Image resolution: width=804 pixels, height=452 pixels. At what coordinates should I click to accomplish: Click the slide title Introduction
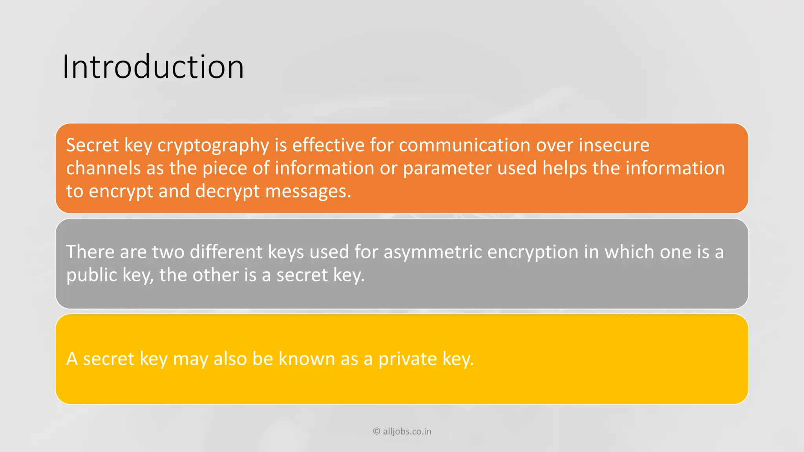(x=153, y=67)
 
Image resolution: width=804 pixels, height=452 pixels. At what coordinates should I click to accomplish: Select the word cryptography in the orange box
(x=213, y=146)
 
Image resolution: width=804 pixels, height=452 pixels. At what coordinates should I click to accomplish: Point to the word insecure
(x=614, y=145)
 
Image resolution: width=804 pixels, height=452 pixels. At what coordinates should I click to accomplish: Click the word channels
(x=103, y=168)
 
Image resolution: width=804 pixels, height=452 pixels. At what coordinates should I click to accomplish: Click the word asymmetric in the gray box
(x=433, y=252)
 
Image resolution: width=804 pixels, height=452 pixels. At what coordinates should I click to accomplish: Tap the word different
(x=226, y=252)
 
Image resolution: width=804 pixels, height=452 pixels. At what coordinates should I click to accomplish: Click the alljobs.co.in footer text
(x=407, y=432)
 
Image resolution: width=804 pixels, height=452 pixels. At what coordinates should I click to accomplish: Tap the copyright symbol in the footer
(x=376, y=432)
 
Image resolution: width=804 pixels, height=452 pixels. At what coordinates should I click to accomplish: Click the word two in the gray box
(x=168, y=252)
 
